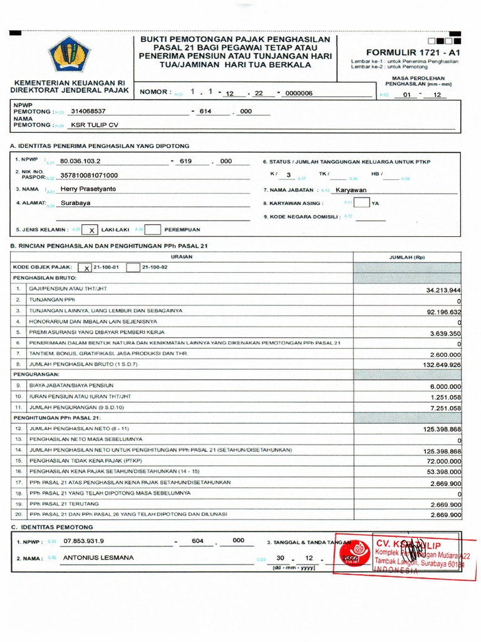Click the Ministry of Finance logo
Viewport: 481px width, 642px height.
point(70,55)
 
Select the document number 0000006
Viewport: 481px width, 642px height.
point(298,93)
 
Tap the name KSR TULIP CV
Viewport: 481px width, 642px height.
point(95,125)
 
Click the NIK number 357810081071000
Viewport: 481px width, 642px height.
point(88,176)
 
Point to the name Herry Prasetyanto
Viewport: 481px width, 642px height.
point(88,189)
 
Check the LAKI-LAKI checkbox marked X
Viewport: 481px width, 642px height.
point(91,230)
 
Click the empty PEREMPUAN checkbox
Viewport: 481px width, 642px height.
point(153,230)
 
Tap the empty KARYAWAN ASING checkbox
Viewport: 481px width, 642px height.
point(361,203)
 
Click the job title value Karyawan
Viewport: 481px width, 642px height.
point(351,189)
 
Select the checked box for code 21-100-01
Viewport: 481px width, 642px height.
point(86,268)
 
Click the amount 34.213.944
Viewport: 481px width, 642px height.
point(443,290)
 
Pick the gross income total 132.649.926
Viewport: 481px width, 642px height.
point(441,364)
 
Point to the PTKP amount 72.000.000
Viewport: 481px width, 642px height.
point(442,461)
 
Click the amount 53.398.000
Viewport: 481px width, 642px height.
point(442,471)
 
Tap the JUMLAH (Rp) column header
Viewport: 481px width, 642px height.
point(407,257)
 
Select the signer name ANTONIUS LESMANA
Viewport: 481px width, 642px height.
point(98,557)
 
